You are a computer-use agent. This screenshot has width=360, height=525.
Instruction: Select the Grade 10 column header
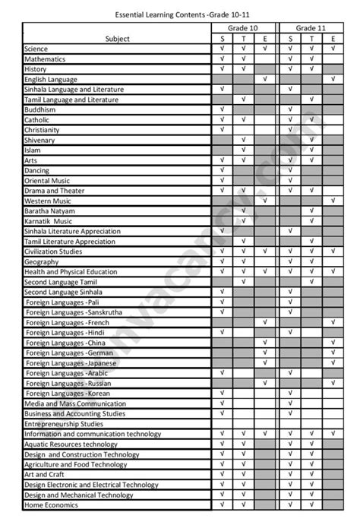pos(243,27)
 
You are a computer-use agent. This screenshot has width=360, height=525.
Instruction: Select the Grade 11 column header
pos(311,27)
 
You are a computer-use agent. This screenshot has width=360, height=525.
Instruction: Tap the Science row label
pos(36,49)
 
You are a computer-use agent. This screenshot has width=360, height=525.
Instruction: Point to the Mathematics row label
pos(45,59)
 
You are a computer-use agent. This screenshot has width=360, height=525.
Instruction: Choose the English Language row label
pos(51,79)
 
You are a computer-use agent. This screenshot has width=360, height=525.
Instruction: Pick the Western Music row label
pos(48,201)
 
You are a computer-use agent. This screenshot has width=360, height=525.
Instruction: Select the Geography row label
pos(42,261)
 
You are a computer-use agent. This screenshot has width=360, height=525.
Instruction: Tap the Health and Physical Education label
pos(71,271)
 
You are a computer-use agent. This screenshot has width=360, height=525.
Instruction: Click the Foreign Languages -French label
pos(67,322)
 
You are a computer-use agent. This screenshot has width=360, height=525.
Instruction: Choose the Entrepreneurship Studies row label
pos(64,423)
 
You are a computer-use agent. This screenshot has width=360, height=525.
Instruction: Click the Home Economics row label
pos(51,504)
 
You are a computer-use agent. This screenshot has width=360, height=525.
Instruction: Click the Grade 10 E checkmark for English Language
pos(264,79)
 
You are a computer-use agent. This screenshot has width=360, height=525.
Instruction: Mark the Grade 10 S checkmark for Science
pos(222,49)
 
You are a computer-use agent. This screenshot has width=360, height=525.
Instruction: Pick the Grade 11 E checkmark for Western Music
pos(333,201)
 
